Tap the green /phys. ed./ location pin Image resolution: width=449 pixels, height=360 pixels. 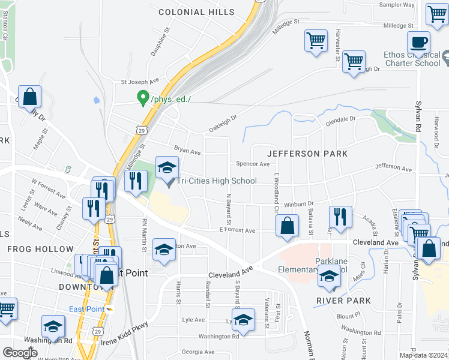(143, 97)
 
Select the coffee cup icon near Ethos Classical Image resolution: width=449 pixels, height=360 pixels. (418, 43)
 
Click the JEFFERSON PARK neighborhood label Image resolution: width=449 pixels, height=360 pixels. (307, 154)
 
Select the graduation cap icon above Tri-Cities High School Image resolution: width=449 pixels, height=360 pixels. (167, 167)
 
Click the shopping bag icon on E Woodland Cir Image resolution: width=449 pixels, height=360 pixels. (288, 226)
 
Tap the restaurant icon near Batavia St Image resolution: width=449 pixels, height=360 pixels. (340, 217)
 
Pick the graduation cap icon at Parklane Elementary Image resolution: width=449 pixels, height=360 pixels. (328, 276)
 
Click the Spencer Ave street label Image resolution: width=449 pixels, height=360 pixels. (253, 163)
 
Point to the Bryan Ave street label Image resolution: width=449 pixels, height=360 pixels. (187, 152)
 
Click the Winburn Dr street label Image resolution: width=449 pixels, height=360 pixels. (299, 204)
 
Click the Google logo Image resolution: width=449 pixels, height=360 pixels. (20, 353)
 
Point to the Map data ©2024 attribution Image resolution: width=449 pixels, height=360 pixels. (423, 355)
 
